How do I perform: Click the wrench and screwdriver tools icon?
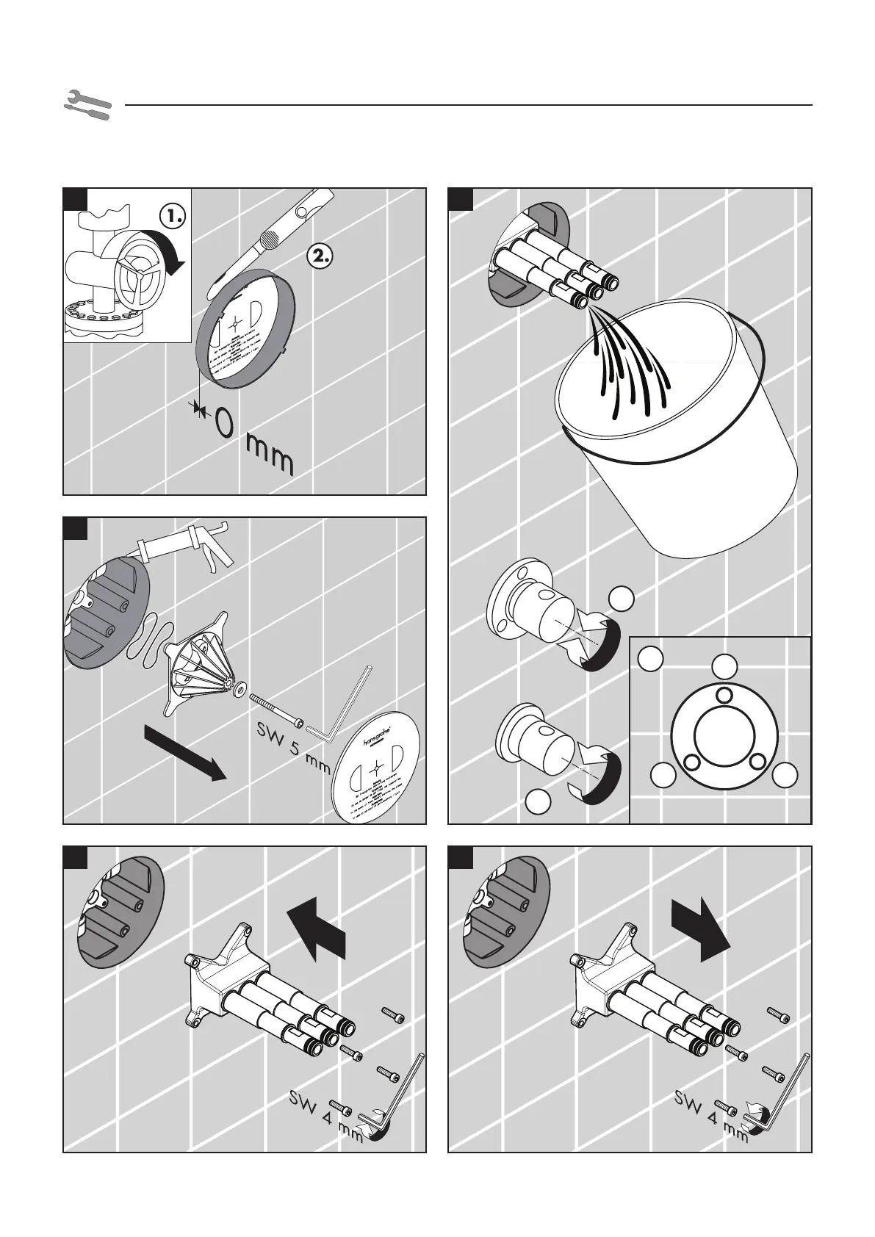87,105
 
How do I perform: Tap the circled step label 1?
173,216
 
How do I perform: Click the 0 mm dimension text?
253,441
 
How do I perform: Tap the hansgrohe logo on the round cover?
371,735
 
